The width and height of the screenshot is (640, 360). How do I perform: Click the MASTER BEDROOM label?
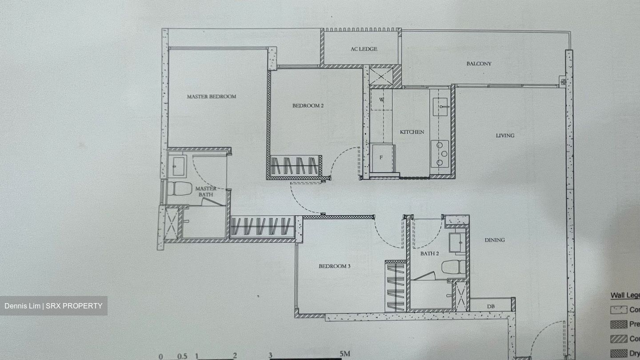(x=211, y=96)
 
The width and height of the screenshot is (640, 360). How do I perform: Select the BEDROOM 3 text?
(x=335, y=266)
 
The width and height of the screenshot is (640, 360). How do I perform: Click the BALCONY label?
(x=479, y=64)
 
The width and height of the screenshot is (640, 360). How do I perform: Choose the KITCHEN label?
(x=412, y=132)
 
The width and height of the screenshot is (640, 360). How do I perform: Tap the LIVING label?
(x=505, y=136)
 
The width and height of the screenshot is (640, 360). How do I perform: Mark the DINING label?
(x=495, y=240)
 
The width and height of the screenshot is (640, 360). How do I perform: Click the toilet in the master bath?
(x=178, y=189)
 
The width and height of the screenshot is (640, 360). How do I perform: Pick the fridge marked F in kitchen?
(x=381, y=158)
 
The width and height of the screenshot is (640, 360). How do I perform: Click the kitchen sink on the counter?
(x=441, y=107)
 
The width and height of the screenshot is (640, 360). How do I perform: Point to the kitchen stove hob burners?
(x=440, y=154)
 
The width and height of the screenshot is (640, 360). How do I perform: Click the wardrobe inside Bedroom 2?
(x=296, y=166)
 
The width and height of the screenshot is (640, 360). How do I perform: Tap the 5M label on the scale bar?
(x=345, y=354)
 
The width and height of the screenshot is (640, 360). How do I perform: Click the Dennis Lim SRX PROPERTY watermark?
(x=53, y=306)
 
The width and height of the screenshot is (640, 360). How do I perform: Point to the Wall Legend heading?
(x=624, y=296)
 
